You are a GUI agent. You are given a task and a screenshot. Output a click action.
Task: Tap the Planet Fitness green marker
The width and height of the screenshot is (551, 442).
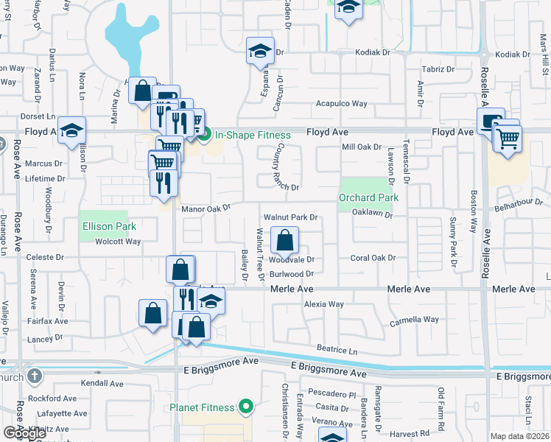click(x=248, y=407)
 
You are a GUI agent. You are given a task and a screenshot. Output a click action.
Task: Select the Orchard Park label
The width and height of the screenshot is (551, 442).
click(x=368, y=197)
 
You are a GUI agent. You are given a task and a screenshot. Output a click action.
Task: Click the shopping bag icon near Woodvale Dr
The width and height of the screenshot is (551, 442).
click(x=285, y=239)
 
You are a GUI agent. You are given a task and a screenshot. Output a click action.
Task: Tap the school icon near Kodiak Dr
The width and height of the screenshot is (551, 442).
click(x=259, y=51)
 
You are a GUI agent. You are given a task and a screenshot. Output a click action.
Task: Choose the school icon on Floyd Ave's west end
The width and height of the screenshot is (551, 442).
click(x=71, y=130)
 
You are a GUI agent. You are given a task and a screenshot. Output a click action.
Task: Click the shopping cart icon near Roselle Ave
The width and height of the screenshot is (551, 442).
click(x=508, y=138)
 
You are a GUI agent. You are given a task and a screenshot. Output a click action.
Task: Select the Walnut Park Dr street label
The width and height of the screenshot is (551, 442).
click(x=291, y=217)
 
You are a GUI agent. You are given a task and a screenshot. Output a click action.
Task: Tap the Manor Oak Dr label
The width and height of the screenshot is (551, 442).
click(x=206, y=209)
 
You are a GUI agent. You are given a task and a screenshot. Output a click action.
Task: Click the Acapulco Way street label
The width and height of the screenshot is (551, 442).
click(x=342, y=104)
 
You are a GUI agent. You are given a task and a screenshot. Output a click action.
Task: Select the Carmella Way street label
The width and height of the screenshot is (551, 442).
click(x=414, y=320)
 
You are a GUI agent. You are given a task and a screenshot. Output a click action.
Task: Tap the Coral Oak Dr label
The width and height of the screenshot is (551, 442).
click(x=373, y=258)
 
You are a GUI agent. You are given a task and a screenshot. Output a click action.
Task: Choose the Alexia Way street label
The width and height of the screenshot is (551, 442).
click(x=324, y=304)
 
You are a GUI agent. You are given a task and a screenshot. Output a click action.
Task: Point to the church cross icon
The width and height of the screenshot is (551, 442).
click(x=33, y=377)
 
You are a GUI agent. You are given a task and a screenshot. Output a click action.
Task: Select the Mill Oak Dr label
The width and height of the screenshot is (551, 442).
click(x=362, y=147)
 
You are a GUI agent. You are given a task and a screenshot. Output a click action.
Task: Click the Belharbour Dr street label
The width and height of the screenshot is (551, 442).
click(x=522, y=209)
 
